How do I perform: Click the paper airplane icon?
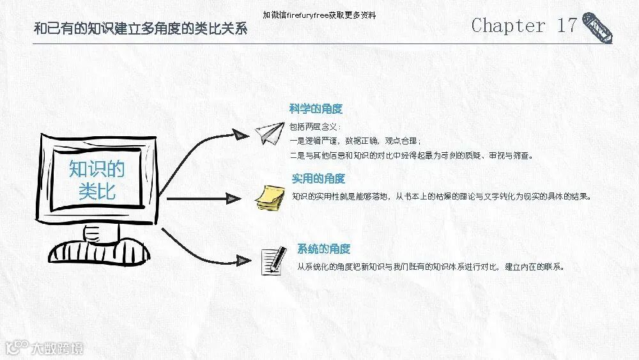[269, 132]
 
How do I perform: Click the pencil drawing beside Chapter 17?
[597, 27]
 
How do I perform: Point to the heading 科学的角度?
[316, 109]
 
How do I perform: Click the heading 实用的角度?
[318, 178]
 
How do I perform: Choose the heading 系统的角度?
[323, 249]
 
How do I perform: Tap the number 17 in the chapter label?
[567, 26]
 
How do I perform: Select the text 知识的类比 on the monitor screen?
[97, 180]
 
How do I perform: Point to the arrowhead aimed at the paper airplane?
[240, 134]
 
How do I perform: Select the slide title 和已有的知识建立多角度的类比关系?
[140, 29]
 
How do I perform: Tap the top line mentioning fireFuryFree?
[319, 15]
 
